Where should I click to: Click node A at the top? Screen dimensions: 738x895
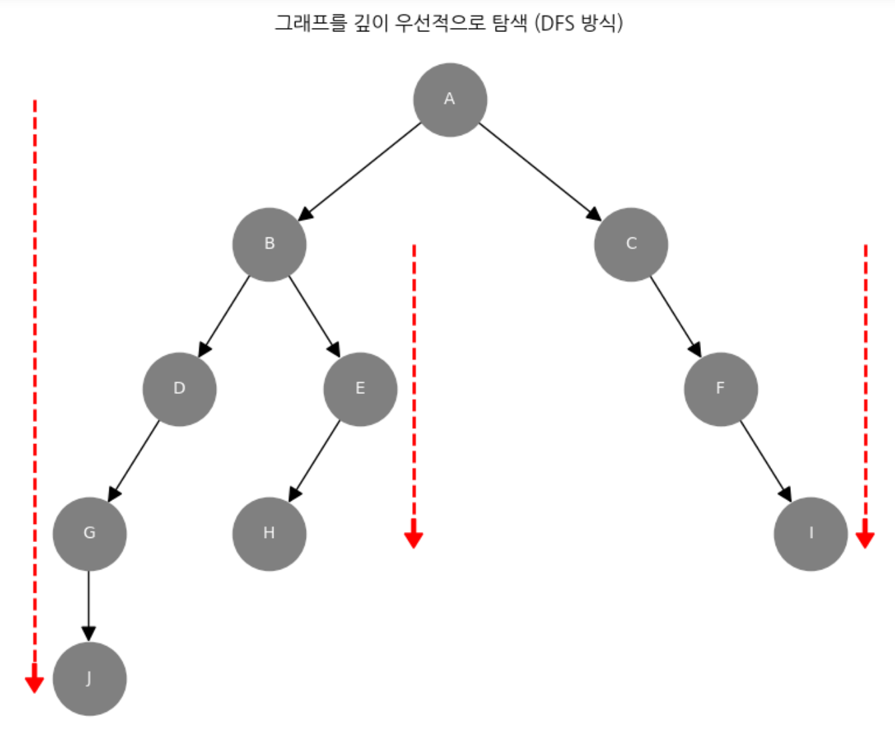tap(450, 100)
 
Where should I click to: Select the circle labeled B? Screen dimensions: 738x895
tap(269, 245)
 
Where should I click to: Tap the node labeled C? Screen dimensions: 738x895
tap(631, 245)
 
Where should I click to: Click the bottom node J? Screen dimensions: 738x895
tap(89, 679)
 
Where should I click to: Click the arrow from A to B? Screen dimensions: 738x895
tap(360, 171)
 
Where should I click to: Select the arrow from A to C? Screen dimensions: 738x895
tap(540, 171)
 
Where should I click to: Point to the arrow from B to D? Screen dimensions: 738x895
tap(224, 317)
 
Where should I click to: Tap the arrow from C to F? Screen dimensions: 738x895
tap(676, 317)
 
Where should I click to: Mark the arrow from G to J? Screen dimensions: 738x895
tap(89, 605)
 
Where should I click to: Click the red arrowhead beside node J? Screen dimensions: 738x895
tap(35, 684)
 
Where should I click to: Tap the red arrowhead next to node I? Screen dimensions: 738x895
tap(865, 539)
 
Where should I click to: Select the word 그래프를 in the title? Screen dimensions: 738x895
tap(311, 24)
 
